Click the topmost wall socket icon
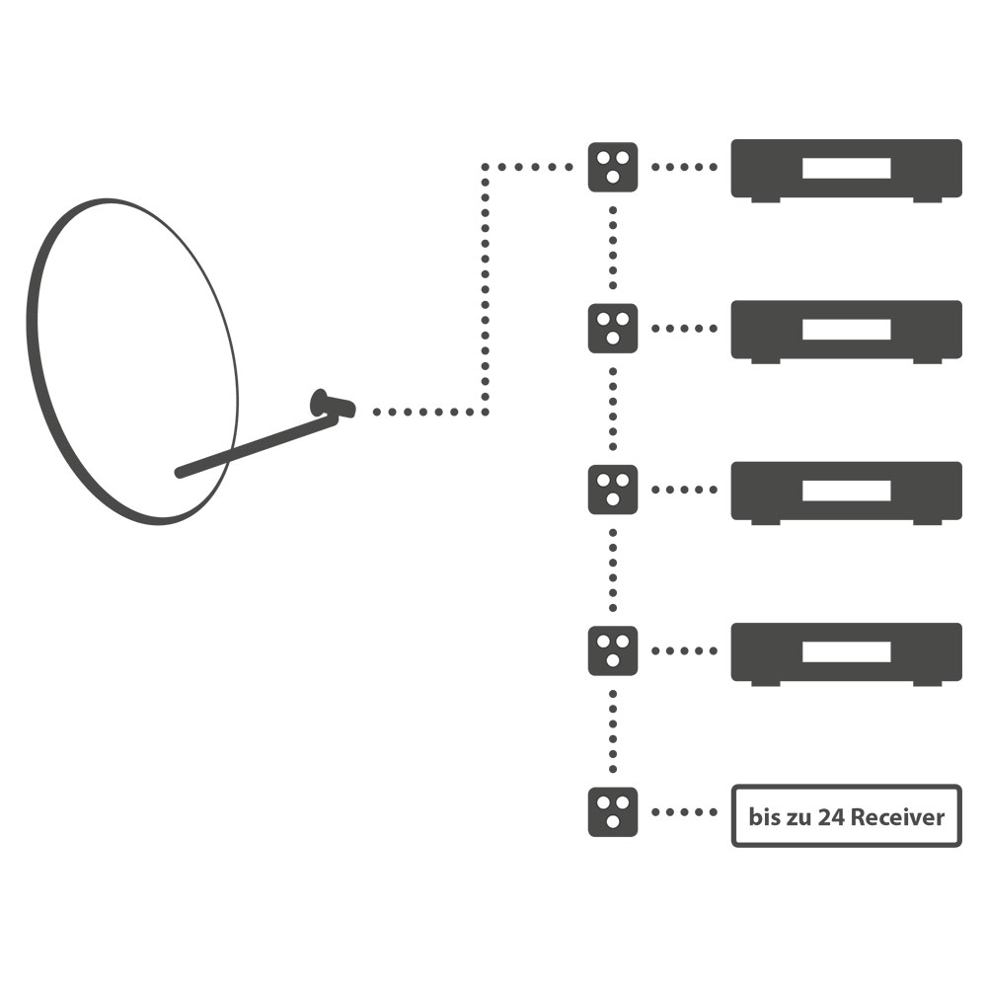[613, 167]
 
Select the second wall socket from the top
[613, 328]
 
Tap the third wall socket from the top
[613, 490]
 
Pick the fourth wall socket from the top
[613, 650]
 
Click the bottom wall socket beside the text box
[613, 812]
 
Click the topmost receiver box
[846, 168]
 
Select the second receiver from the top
[846, 329]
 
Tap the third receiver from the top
[846, 491]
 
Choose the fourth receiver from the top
[846, 651]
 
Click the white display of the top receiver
[846, 168]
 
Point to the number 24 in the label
[829, 817]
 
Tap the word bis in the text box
[763, 817]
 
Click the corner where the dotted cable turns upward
[485, 412]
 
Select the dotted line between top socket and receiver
[684, 167]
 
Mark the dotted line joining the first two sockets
[613, 247]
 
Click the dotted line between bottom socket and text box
[684, 812]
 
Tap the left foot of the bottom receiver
[766, 683]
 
